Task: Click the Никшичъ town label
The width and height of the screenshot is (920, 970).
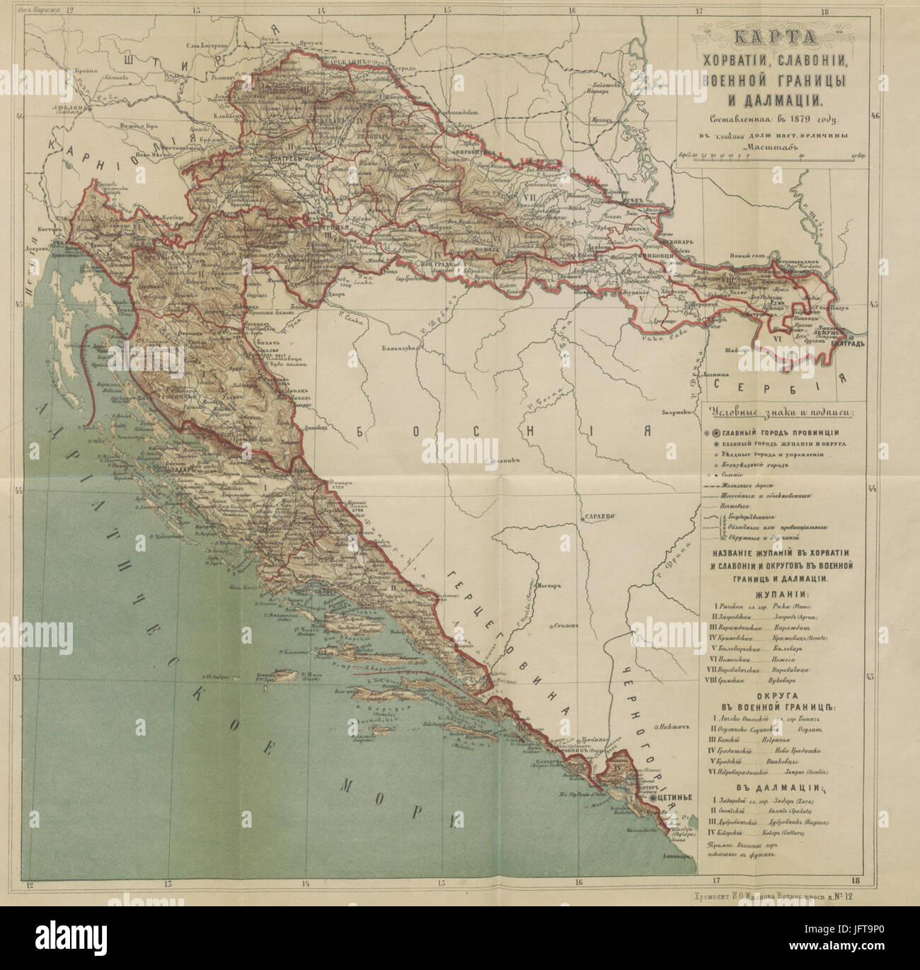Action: tap(673, 726)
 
